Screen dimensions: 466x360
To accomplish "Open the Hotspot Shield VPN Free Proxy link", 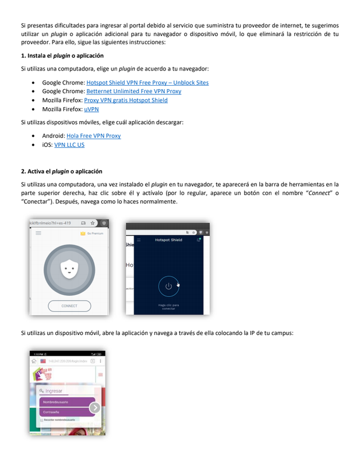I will coord(147,83).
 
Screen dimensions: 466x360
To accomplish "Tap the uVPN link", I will coord(91,109).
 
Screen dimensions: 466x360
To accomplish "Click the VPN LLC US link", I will coord(69,144).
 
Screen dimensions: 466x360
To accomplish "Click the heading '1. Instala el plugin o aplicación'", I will coord(62,56).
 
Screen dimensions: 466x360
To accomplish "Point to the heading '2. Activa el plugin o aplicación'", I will coord(61,171).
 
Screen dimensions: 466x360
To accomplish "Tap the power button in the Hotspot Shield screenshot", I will coord(168,286).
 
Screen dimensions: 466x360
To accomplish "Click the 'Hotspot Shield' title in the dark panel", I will coord(168,239).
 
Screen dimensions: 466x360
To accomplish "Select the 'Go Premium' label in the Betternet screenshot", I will coord(94,233).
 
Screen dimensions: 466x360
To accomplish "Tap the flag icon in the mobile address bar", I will coord(43,361).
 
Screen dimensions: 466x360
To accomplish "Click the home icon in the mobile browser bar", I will coord(34,361).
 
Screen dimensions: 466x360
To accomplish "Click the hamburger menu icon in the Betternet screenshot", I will coord(38,233).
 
